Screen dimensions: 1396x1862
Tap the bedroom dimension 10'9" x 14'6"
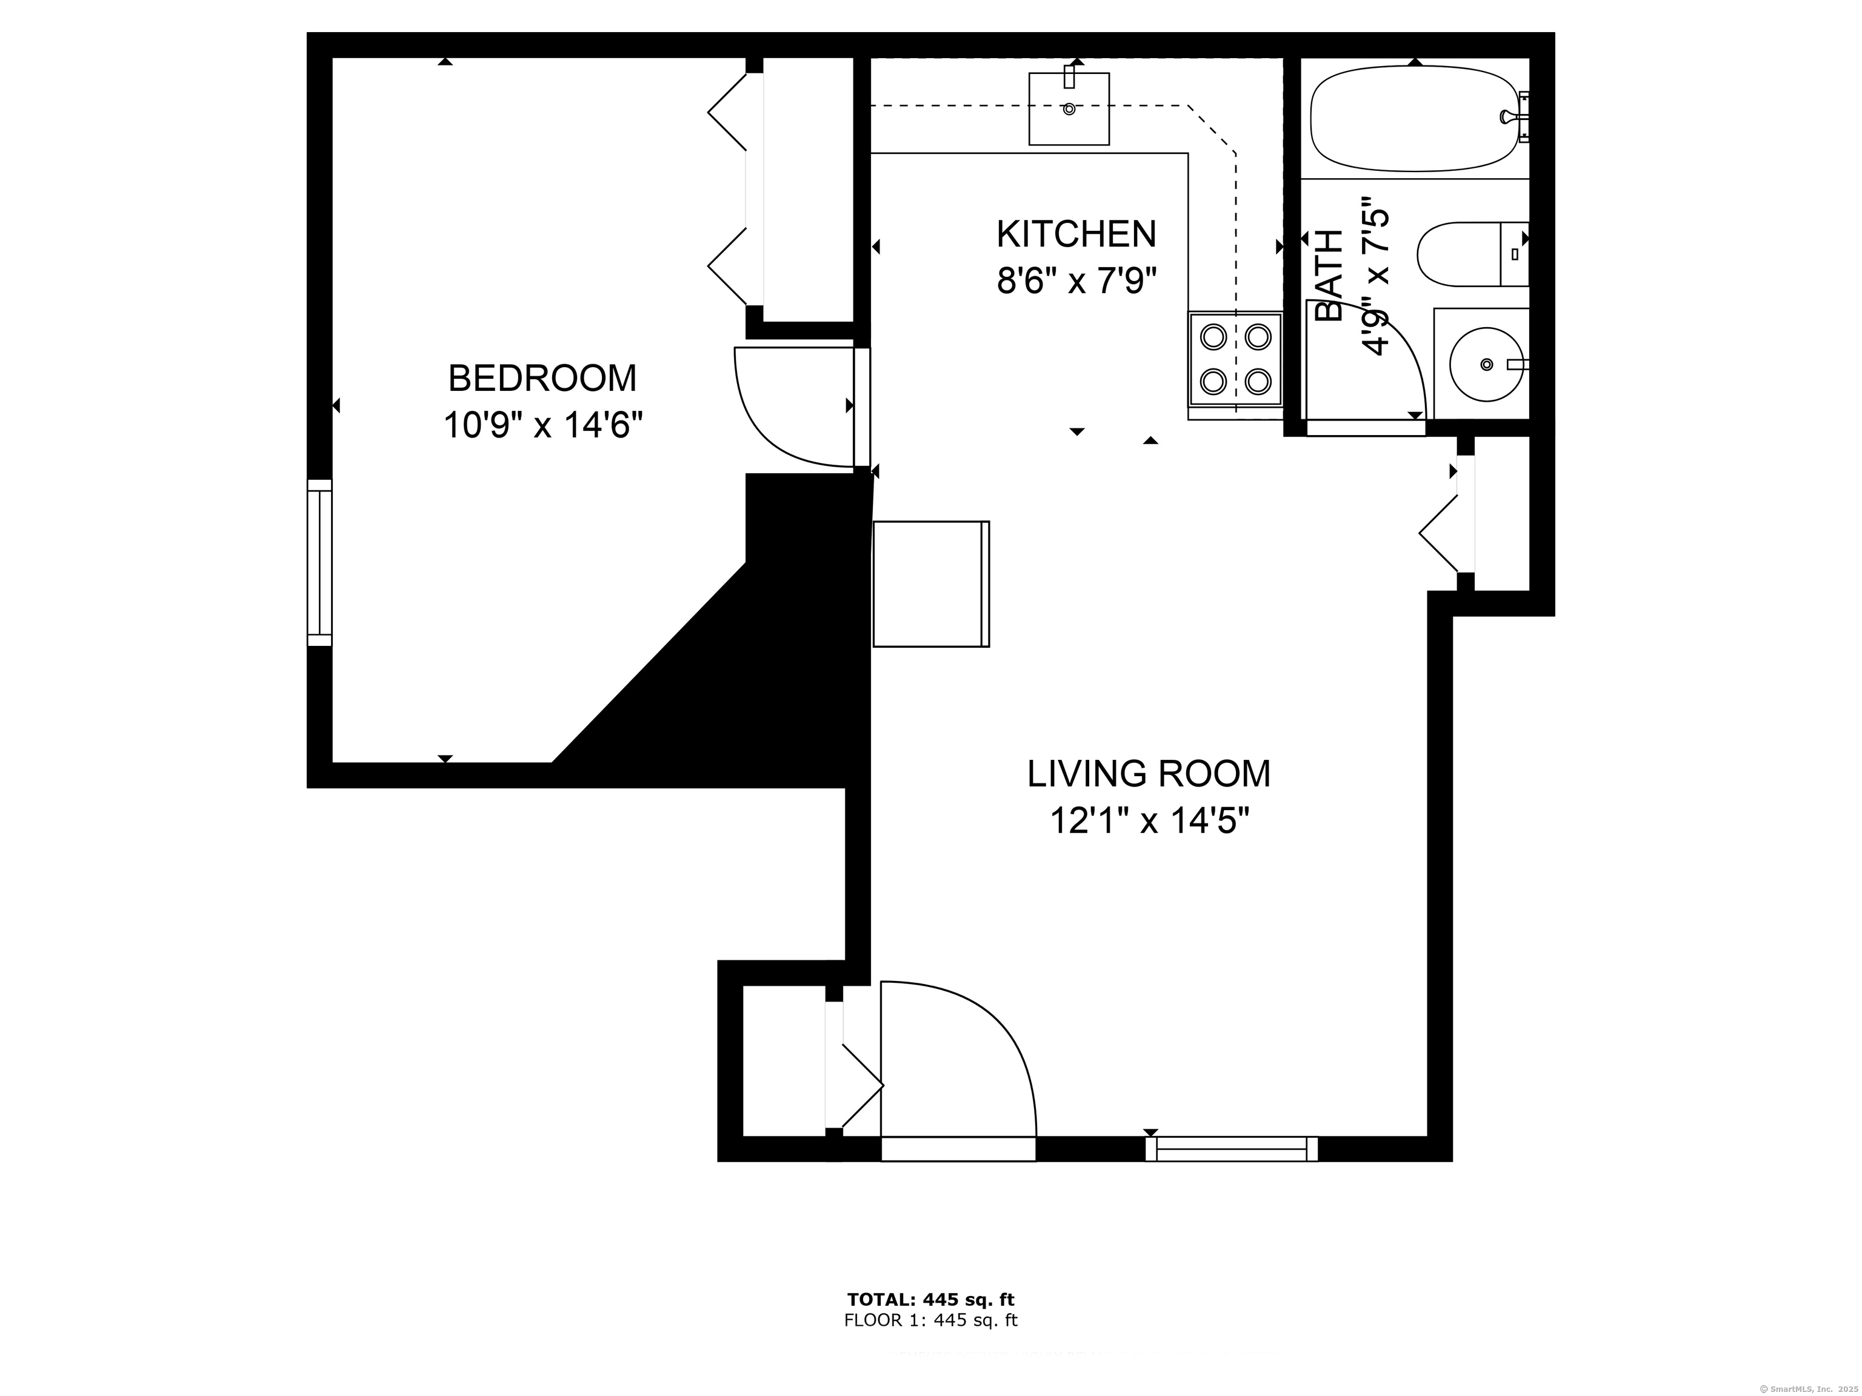click(543, 425)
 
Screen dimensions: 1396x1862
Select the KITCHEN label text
click(1076, 234)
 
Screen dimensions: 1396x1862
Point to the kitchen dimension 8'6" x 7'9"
click(1076, 281)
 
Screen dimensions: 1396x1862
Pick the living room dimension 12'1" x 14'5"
click(1148, 820)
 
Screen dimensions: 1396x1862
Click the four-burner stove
click(1234, 359)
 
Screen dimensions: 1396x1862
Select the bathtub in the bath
click(1415, 119)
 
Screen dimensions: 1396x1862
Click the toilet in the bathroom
click(1472, 254)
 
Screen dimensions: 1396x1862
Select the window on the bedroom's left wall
click(320, 562)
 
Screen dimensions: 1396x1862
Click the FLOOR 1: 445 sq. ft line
click(930, 1320)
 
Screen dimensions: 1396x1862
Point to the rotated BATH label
click(1329, 276)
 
